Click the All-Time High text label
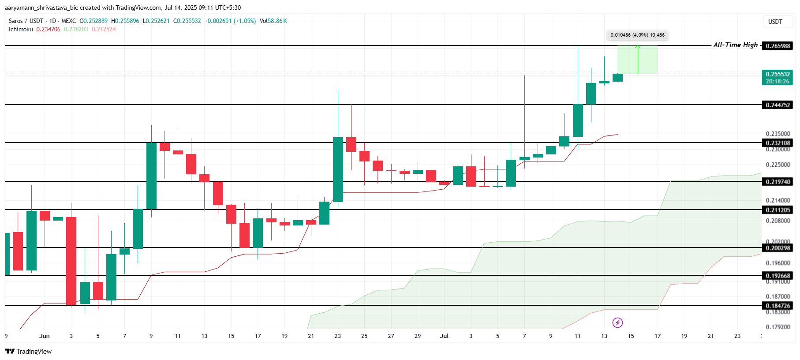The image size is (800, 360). tap(735, 45)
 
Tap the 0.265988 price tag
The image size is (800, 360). tap(778, 46)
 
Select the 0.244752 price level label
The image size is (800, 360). tap(778, 105)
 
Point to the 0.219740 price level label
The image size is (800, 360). tap(778, 182)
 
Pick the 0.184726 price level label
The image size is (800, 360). tap(778, 306)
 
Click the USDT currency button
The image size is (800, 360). tap(775, 22)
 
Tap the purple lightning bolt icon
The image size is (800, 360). tap(617, 322)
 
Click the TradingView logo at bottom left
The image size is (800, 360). tap(28, 351)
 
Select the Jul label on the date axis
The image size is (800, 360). tap(444, 336)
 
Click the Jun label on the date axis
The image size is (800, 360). tap(45, 336)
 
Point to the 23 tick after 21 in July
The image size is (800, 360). tap(737, 336)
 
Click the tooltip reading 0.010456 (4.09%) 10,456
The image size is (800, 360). tap(637, 35)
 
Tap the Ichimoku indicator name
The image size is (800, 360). tap(21, 29)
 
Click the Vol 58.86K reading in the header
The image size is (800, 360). tap(273, 21)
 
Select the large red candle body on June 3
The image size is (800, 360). tap(71, 260)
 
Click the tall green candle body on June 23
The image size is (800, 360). tap(338, 169)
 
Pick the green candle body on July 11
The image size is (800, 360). tap(578, 120)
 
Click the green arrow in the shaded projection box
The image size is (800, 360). tap(638, 59)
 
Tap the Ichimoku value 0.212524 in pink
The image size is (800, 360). tap(104, 29)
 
